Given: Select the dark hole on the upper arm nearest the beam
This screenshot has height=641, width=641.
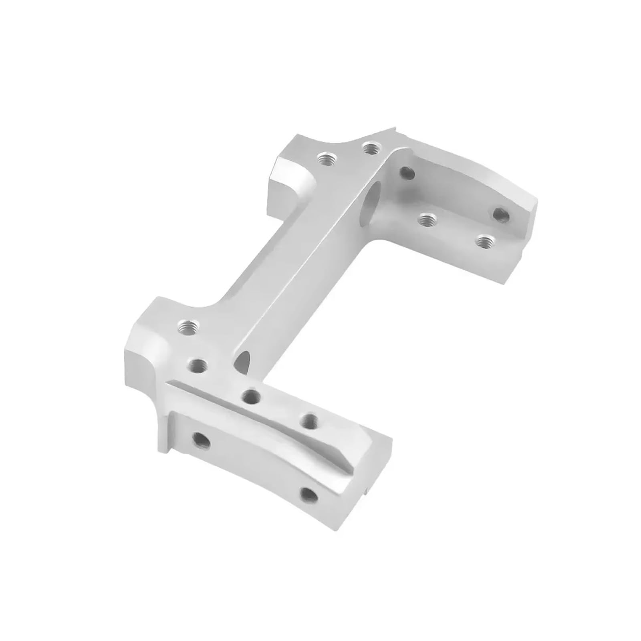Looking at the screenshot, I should click(x=408, y=173).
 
